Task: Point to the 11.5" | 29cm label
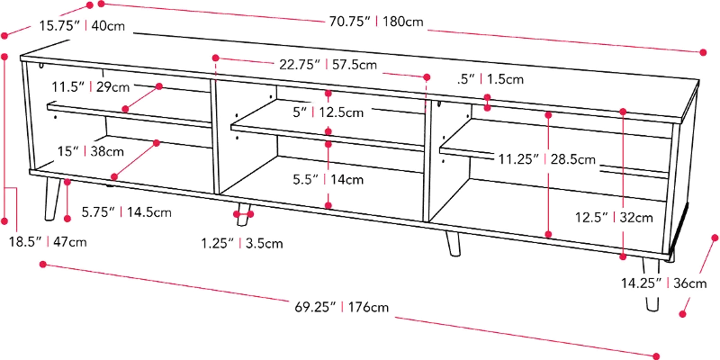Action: pos(91,86)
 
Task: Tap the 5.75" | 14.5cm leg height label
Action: pos(126,213)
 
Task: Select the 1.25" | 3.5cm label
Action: pos(243,242)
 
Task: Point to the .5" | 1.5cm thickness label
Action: pos(490,79)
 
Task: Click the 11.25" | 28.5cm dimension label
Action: pos(547,159)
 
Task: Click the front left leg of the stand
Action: pos(51,200)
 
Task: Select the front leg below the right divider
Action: pos(450,239)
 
